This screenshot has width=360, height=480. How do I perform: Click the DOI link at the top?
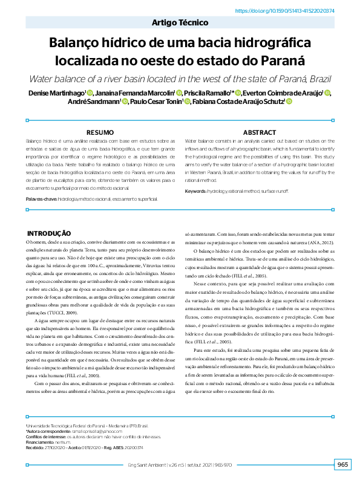coord(293,11)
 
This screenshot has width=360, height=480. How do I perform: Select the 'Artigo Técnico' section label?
coord(180,22)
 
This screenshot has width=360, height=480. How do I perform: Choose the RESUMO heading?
coord(100,132)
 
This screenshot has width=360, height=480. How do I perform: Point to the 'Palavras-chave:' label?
coord(41,198)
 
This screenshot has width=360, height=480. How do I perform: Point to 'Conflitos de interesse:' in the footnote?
coord(45,436)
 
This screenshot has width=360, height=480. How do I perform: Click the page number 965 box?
coord(342,464)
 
